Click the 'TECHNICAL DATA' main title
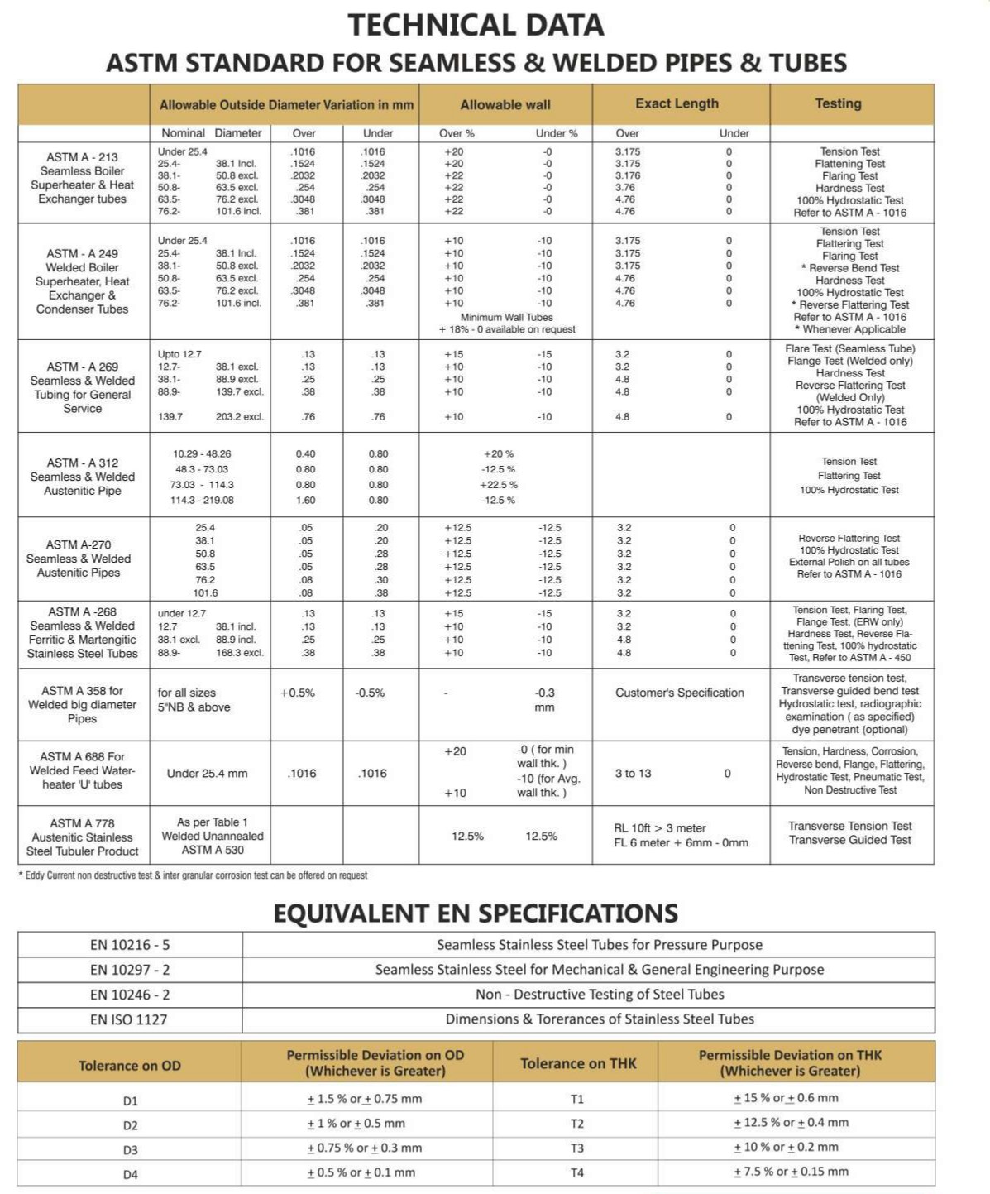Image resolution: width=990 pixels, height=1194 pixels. click(476, 25)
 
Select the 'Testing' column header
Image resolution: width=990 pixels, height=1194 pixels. click(838, 103)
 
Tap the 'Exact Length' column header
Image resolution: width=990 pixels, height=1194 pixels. click(677, 103)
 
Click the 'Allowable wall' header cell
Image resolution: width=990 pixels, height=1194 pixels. click(505, 105)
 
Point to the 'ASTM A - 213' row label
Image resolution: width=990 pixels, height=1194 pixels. click(82, 156)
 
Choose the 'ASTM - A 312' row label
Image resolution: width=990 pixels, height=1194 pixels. click(82, 463)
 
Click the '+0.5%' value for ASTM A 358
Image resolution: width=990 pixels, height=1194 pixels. click(298, 693)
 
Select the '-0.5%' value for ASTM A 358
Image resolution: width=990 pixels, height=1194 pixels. click(370, 693)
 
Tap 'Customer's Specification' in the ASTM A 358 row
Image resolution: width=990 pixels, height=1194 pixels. click(679, 693)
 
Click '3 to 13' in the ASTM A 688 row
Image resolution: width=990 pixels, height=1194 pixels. click(633, 773)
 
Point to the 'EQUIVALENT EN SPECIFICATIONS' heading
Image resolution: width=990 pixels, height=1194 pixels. click(476, 913)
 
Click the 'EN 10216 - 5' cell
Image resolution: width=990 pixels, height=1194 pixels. click(130, 945)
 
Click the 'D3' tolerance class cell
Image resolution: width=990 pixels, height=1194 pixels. click(130, 1149)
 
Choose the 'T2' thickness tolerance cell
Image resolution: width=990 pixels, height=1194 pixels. click(577, 1123)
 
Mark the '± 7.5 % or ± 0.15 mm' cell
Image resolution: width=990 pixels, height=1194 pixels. click(791, 1172)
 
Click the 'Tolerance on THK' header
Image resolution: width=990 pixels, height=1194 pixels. click(578, 1063)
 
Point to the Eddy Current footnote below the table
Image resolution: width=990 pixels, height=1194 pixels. click(193, 875)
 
